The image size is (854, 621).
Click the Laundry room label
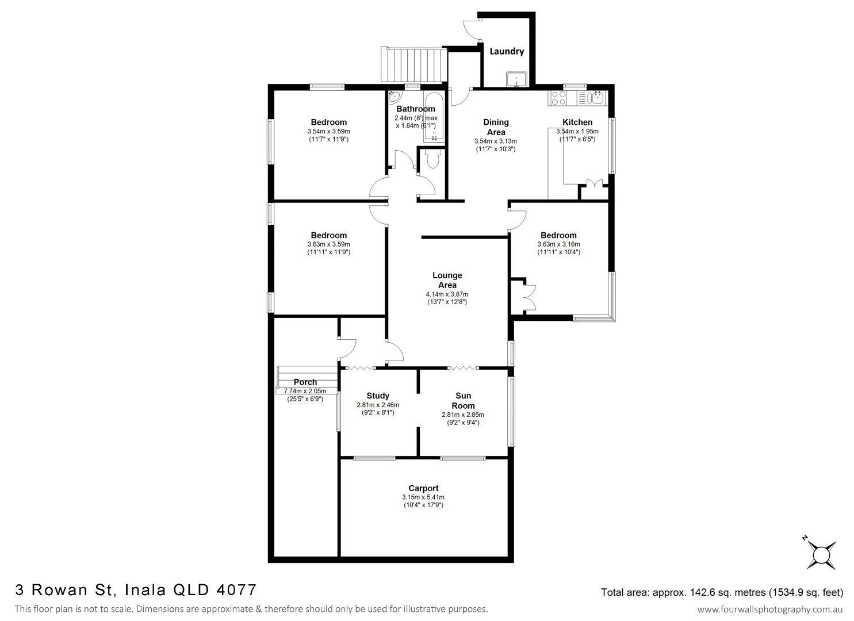[x=506, y=51]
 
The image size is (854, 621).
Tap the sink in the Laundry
[x=517, y=79]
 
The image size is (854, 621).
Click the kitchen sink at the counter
[x=596, y=97]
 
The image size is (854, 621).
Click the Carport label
[x=423, y=488]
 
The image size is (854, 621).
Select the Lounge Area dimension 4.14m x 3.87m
[x=447, y=294]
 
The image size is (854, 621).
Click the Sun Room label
[x=463, y=400]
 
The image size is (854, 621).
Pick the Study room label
[x=378, y=396]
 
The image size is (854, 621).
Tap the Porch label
[x=305, y=382]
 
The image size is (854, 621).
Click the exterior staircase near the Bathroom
[x=413, y=65]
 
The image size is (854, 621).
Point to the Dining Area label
[x=496, y=126]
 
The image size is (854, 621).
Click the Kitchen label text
[x=577, y=122]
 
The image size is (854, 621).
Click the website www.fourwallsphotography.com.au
[x=770, y=609]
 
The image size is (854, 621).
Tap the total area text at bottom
[x=722, y=592]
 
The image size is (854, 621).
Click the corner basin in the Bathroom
[x=394, y=96]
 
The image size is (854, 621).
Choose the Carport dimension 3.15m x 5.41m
[x=423, y=497]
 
